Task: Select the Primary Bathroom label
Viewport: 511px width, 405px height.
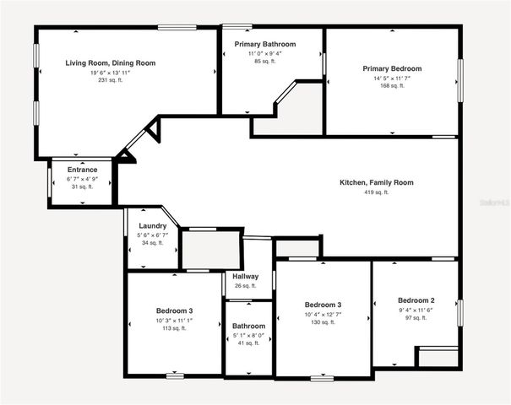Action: click(x=271, y=44)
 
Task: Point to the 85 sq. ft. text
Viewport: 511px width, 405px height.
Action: click(x=271, y=61)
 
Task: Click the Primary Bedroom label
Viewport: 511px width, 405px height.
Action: click(x=392, y=68)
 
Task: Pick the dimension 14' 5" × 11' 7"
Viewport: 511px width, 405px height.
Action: click(x=392, y=78)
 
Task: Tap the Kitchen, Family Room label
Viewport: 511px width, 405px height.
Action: click(x=376, y=182)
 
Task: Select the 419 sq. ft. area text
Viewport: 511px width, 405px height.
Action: click(x=376, y=192)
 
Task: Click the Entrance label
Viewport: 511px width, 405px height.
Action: click(x=82, y=170)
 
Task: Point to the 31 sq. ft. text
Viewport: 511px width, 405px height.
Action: click(x=82, y=186)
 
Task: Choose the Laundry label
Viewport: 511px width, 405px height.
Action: click(x=152, y=225)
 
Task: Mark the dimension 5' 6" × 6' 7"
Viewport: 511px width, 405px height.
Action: click(x=152, y=235)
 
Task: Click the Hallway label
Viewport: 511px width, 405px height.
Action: click(x=246, y=277)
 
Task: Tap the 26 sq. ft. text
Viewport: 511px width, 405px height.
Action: click(x=246, y=286)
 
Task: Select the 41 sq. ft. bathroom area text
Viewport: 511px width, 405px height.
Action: click(x=248, y=343)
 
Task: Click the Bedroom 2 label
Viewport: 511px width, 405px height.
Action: click(x=416, y=300)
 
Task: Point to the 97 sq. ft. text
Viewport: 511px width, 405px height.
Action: click(x=416, y=318)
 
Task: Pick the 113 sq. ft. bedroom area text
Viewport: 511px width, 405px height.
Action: click(x=173, y=328)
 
